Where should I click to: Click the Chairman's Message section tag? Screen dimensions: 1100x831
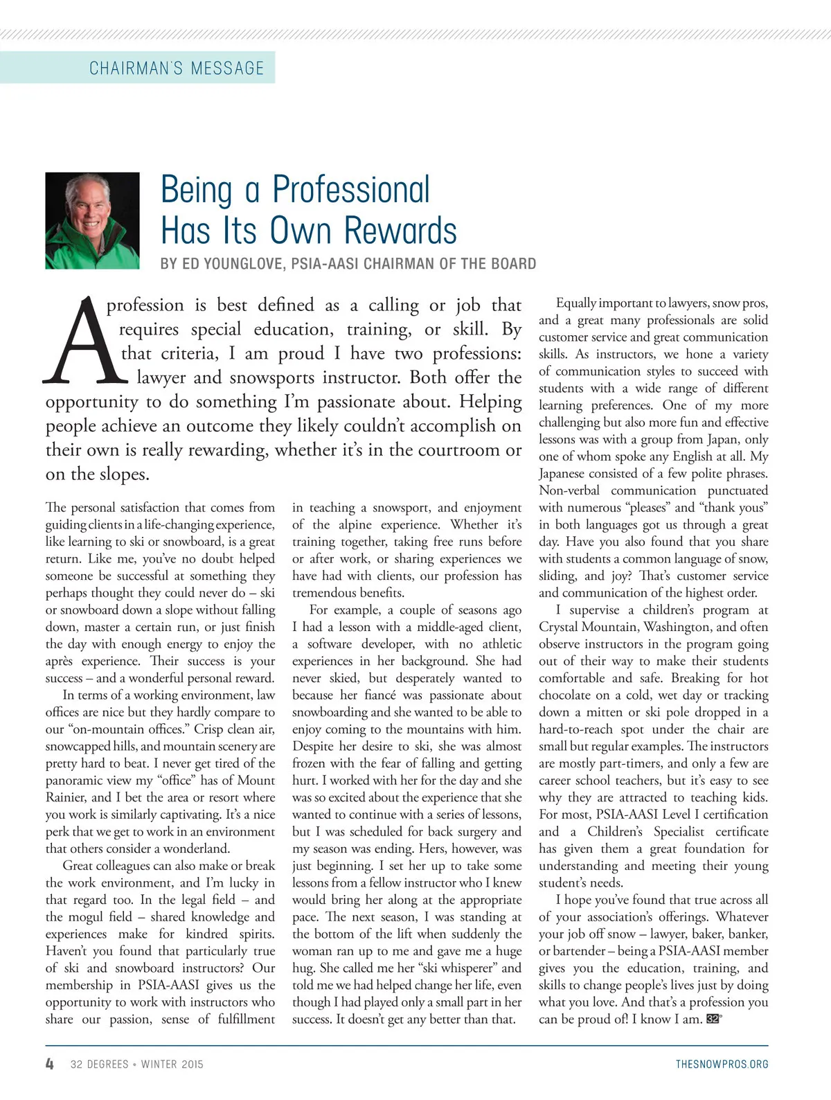[177, 68]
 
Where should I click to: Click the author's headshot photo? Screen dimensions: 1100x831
[92, 220]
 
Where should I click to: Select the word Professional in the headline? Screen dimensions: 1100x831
[351, 190]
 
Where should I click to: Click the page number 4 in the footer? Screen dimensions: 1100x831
[50, 1064]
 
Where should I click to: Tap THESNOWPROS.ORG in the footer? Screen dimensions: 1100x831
[722, 1064]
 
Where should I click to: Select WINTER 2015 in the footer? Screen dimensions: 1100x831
[172, 1064]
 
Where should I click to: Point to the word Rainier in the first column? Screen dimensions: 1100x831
[66, 797]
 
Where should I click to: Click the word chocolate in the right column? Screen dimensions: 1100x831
[569, 695]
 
